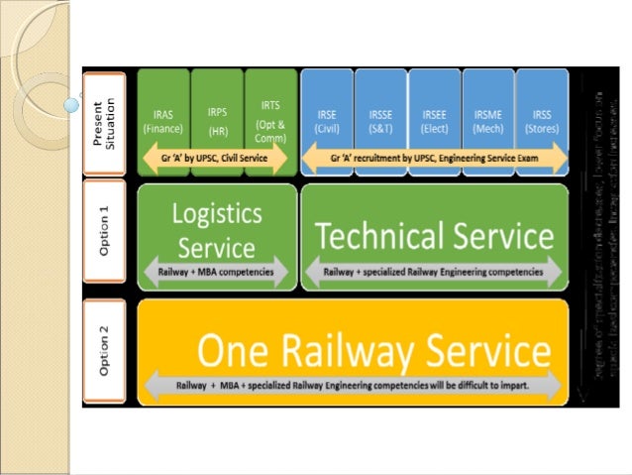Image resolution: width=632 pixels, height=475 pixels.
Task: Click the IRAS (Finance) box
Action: pyautogui.click(x=163, y=121)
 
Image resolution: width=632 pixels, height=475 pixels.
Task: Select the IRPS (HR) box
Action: pyautogui.click(x=217, y=121)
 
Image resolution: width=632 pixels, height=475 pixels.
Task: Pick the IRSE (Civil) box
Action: pyautogui.click(x=326, y=121)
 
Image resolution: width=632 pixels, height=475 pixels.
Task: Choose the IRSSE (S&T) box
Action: pyautogui.click(x=380, y=121)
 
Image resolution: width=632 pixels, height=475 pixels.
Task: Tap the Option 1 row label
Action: pyautogui.click(x=105, y=235)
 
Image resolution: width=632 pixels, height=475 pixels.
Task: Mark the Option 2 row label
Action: pyautogui.click(x=105, y=351)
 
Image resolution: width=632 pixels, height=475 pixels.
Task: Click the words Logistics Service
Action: pyautogui.click(x=216, y=229)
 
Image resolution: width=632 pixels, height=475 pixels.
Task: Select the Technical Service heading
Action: pyautogui.click(x=434, y=236)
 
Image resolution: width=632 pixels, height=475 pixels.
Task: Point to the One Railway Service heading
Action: pyautogui.click(x=373, y=351)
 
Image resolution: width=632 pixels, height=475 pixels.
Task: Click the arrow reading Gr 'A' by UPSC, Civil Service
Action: pyautogui.click(x=216, y=158)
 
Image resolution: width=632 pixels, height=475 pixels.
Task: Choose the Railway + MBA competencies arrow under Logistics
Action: pyautogui.click(x=216, y=271)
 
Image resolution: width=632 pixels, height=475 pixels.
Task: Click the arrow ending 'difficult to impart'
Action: pyautogui.click(x=354, y=384)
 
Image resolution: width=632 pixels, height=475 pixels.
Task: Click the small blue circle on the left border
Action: pyautogui.click(x=71, y=102)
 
